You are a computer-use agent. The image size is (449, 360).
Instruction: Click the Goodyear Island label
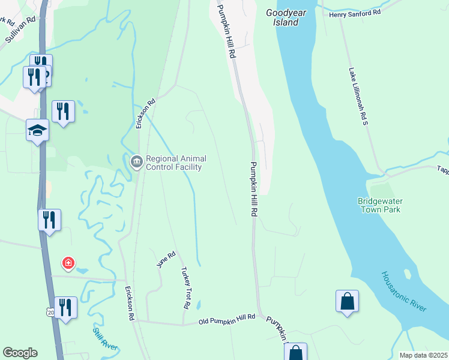click(282, 17)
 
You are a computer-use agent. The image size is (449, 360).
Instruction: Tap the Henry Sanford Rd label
click(355, 12)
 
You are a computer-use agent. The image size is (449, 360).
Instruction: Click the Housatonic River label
click(404, 291)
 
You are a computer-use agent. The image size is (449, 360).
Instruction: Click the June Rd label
click(166, 260)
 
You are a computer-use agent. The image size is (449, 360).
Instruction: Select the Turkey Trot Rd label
click(182, 288)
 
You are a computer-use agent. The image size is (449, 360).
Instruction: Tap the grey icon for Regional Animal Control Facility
click(136, 161)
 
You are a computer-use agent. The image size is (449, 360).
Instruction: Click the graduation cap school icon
click(37, 130)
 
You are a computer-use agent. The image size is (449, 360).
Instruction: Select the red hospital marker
click(69, 263)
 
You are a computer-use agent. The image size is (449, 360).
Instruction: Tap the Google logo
click(20, 353)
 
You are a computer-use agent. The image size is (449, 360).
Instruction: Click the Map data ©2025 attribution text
click(423, 355)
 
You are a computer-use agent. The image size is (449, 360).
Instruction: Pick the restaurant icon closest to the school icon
click(63, 111)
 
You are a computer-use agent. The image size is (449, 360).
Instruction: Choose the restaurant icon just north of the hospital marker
click(49, 219)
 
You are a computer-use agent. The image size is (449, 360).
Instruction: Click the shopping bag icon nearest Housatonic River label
click(347, 301)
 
